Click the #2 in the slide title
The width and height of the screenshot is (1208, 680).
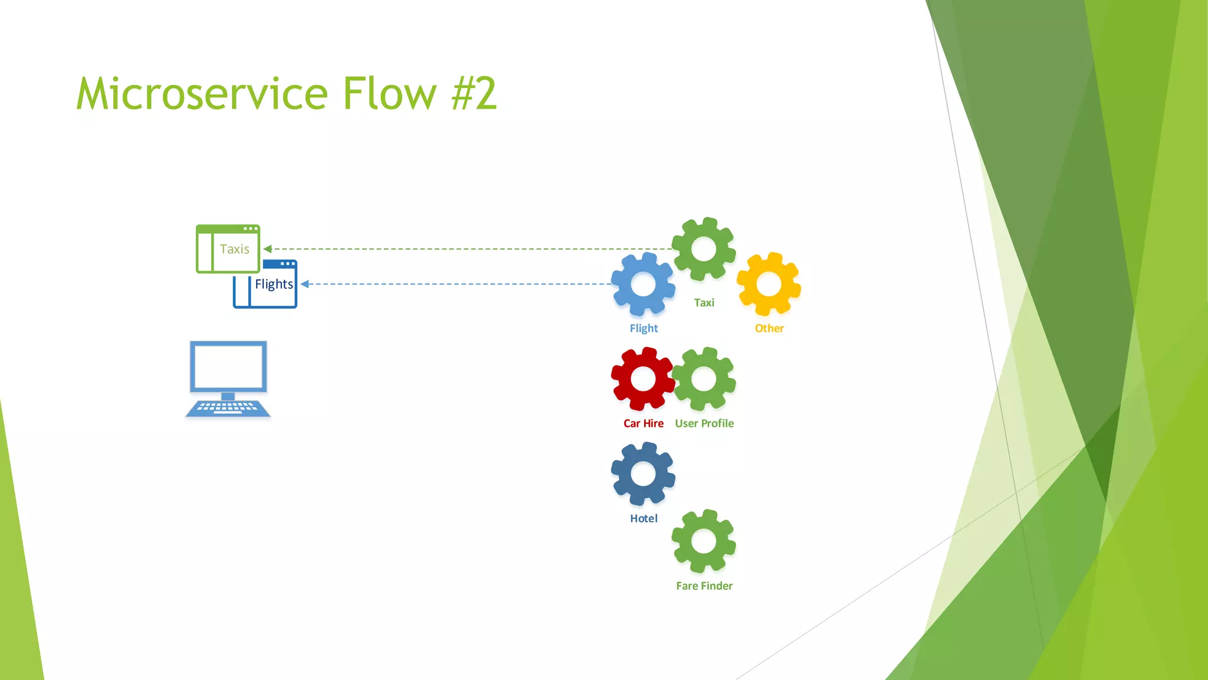click(x=474, y=94)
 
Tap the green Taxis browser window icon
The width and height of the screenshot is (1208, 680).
click(x=228, y=249)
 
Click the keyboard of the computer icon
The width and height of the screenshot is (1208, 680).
click(x=228, y=407)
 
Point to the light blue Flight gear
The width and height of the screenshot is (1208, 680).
click(x=643, y=284)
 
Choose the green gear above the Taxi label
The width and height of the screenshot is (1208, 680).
click(x=704, y=249)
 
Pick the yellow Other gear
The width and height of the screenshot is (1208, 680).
click(x=769, y=284)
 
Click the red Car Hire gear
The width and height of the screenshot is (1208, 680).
click(x=643, y=378)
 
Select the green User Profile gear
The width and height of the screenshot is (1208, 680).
click(x=704, y=378)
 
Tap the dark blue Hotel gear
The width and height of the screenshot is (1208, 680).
click(x=643, y=473)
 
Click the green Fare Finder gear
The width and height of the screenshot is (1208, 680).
click(x=704, y=541)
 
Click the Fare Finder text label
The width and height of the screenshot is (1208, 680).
click(x=704, y=586)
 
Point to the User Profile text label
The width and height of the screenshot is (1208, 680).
click(x=704, y=423)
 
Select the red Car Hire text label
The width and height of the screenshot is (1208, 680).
click(x=643, y=423)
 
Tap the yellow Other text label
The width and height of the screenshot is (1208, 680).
click(x=769, y=328)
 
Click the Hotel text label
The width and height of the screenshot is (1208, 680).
click(x=644, y=518)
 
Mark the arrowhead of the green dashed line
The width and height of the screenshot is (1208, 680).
click(x=267, y=249)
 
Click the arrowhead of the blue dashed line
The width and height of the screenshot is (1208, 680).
click(x=305, y=284)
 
